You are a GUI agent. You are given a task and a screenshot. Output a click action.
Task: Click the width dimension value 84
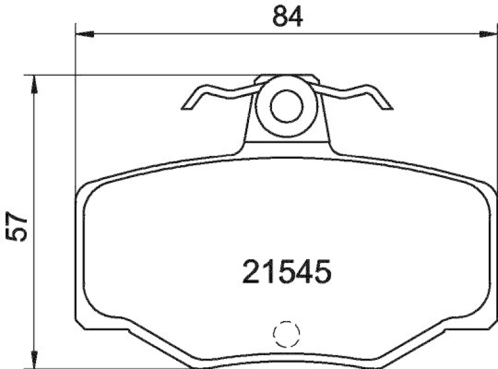287,17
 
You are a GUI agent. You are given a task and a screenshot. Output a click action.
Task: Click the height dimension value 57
18,226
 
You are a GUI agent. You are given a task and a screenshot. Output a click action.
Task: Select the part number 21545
284,272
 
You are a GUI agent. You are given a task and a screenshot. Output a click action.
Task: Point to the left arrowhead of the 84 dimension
83,34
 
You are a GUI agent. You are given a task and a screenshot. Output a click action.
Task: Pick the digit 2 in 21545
252,272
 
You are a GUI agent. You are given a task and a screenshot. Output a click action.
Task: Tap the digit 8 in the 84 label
279,17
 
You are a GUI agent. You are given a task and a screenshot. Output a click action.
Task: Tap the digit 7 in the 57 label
18,218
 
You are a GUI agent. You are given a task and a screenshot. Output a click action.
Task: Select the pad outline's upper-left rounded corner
85,188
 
